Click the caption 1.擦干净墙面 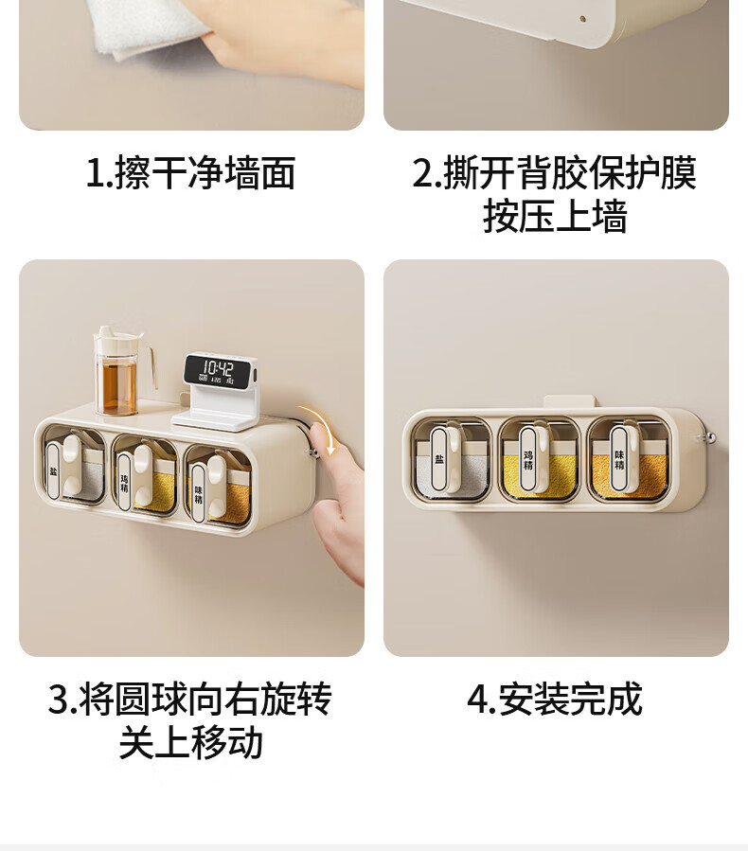coord(191,173)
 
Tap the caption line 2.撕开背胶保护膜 coord(554,173)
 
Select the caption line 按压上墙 coord(555,216)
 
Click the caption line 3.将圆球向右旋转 coord(190,699)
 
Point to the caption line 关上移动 coord(191,742)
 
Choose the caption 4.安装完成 coord(555,699)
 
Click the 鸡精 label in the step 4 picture coord(528,459)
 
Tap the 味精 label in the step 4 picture coord(619,459)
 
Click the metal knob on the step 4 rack coord(708,437)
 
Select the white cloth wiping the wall coord(152,27)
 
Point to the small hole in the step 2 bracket coord(582,18)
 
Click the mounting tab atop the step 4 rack coord(570,401)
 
